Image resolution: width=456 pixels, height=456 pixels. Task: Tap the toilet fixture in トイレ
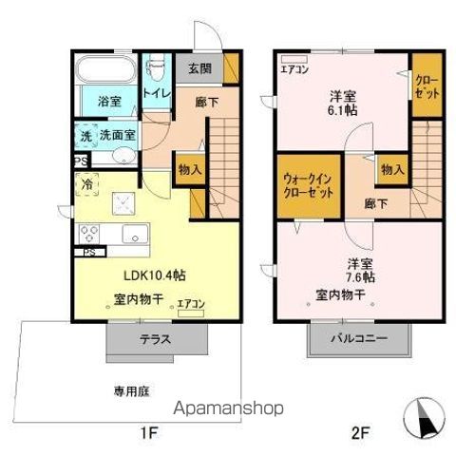pyautogui.click(x=156, y=70)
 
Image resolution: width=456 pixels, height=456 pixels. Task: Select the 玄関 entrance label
pyautogui.click(x=199, y=69)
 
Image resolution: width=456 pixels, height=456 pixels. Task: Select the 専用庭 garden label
pyautogui.click(x=132, y=389)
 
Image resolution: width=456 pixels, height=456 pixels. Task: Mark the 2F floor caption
pyautogui.click(x=359, y=435)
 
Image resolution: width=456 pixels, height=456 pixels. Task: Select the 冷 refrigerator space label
pyautogui.click(x=86, y=184)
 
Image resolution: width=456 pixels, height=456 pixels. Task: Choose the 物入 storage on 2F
pyautogui.click(x=392, y=168)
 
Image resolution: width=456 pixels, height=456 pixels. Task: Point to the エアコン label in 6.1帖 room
pyautogui.click(x=293, y=68)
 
